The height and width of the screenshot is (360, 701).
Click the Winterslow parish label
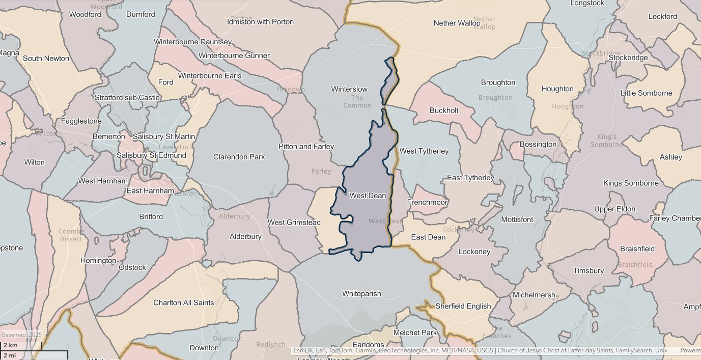coord(349,89)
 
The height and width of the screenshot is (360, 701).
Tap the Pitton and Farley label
coord(306,147)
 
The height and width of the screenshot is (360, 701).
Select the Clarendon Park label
coord(239,157)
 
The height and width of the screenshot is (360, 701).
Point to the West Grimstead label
coord(294,223)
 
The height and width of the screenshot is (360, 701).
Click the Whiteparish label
coord(361,294)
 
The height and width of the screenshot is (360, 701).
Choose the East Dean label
coord(428,237)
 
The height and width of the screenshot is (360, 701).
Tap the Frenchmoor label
coord(427,202)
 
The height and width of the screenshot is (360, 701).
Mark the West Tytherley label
coord(424,151)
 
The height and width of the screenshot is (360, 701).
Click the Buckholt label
coord(444,110)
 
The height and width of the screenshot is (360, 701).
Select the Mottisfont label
coord(517,219)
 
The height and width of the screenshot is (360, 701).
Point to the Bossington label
coord(538,144)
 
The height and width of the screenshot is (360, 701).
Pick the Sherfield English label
coord(463,306)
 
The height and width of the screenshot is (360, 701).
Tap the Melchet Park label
coord(415,333)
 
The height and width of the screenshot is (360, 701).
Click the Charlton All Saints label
coord(183,302)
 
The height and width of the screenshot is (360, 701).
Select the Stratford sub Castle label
coord(127,97)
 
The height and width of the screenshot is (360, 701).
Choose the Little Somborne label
coord(646,93)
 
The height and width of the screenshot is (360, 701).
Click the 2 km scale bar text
coord(11,345)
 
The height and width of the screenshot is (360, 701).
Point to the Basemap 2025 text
coord(21,335)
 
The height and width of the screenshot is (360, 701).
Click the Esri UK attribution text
coord(303,350)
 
